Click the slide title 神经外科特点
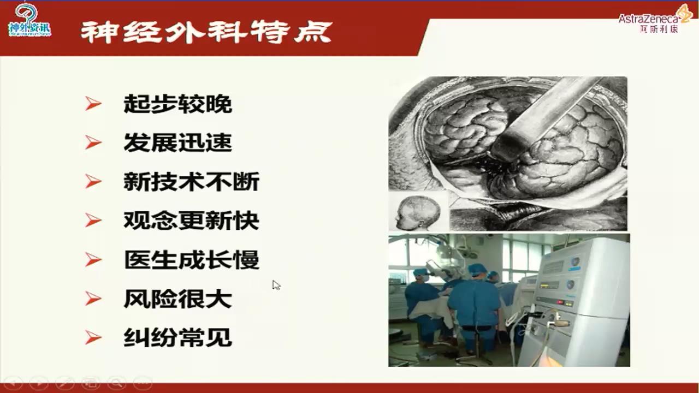coord(206,32)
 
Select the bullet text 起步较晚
coord(177,104)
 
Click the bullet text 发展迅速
coord(177,142)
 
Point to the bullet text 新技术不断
coord(191,182)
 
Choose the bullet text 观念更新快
coord(191,221)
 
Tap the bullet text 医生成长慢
coord(191,260)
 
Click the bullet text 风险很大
coord(177,299)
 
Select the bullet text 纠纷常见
coord(177,338)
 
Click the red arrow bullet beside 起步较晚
coord(93,104)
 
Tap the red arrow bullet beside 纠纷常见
coord(93,338)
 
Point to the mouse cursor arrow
coord(276,285)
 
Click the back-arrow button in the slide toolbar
coord(13,383)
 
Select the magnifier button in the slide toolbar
coord(116,383)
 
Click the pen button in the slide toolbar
coord(65,383)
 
